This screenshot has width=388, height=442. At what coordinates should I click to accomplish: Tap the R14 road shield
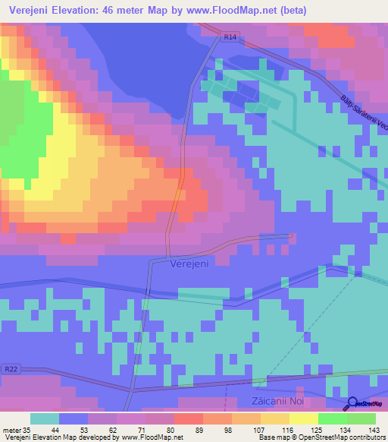(x=230, y=36)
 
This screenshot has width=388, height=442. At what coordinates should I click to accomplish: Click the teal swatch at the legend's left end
(x=45, y=418)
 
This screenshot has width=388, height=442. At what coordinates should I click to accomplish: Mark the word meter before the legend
(x=12, y=429)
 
